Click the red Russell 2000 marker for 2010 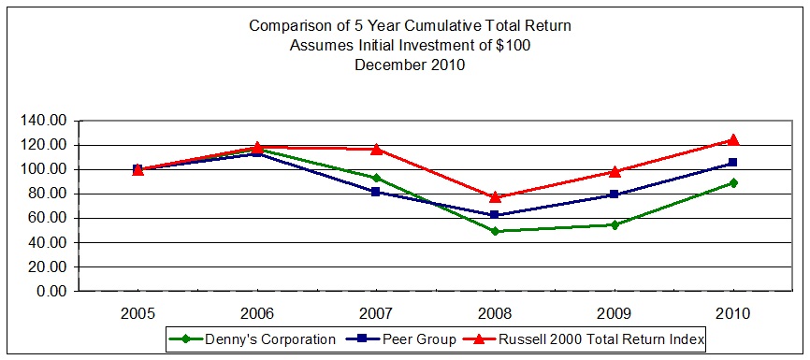(x=733, y=139)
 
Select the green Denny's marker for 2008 (x=495, y=231)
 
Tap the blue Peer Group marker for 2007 (x=376, y=192)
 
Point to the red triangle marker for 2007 (x=376, y=149)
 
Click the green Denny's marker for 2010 (x=733, y=183)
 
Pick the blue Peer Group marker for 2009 (x=615, y=194)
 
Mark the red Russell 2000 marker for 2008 (x=495, y=196)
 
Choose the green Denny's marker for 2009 (x=615, y=224)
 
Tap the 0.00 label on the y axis (x=49, y=291)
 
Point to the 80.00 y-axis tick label (x=45, y=194)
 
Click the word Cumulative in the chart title (x=429, y=25)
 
